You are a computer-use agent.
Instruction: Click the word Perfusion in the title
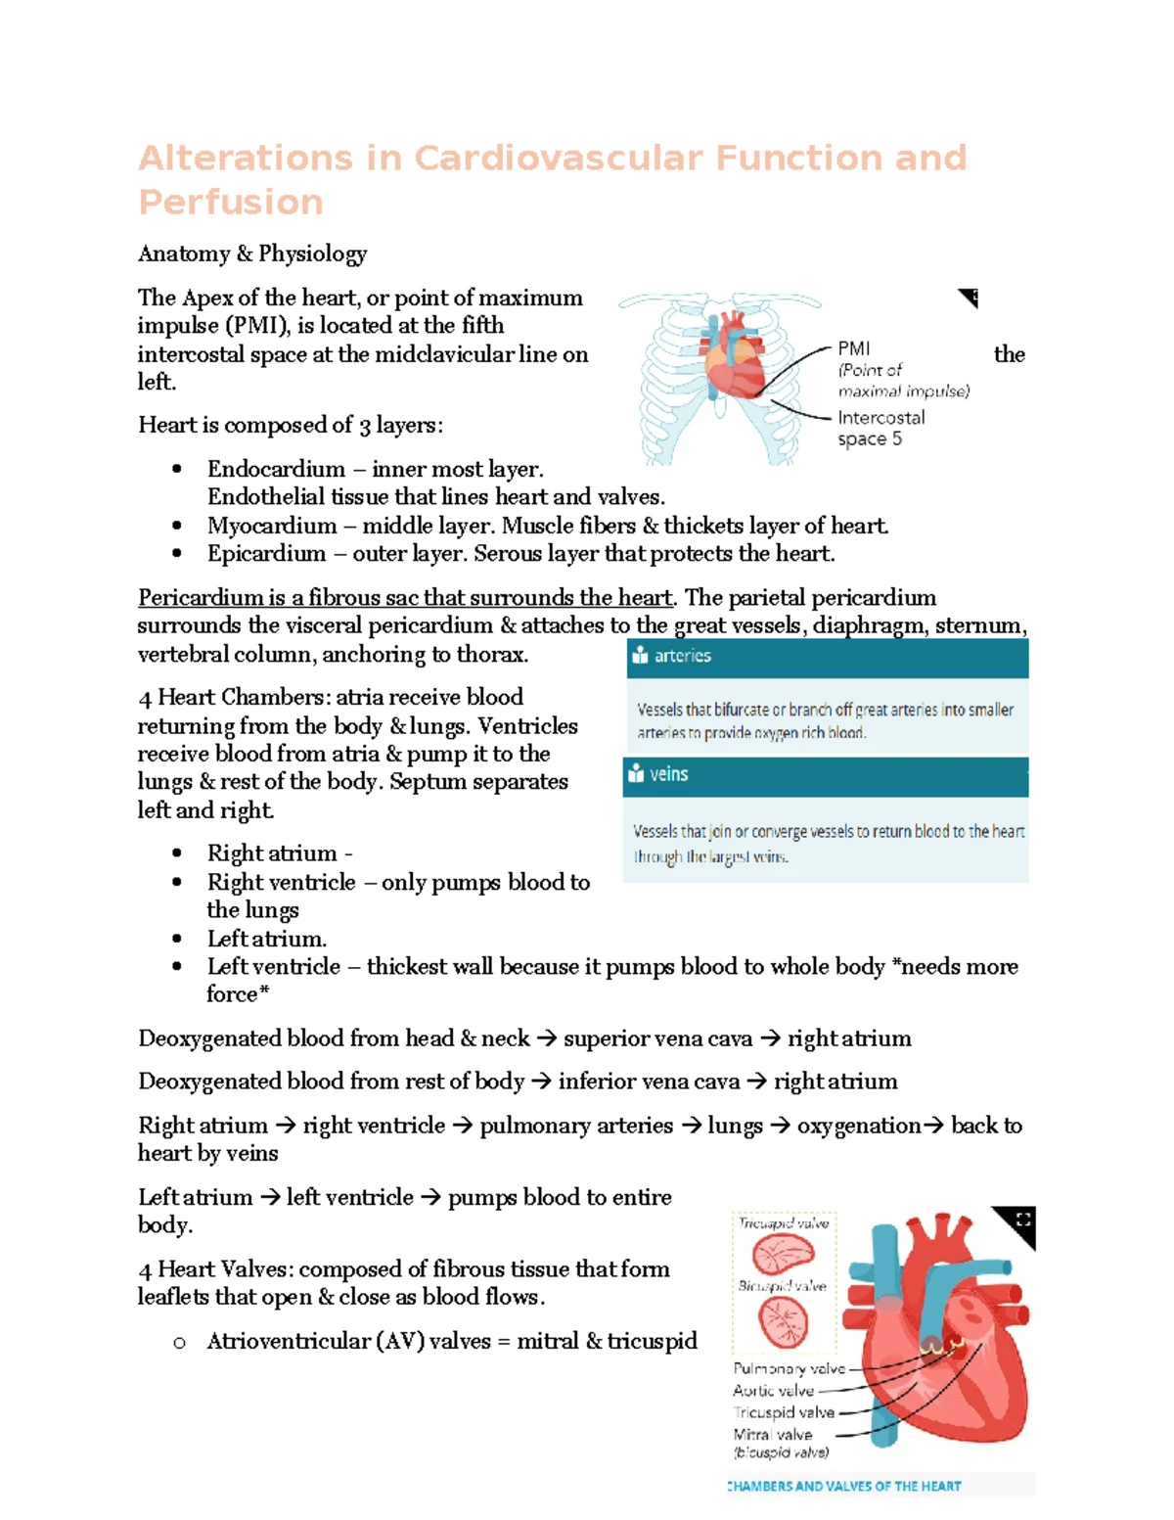(231, 202)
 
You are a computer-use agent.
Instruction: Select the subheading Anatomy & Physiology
(252, 253)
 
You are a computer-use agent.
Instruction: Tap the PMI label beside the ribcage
(853, 348)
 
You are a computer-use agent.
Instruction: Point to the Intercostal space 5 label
(880, 428)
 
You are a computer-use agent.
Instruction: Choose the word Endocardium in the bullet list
(276, 469)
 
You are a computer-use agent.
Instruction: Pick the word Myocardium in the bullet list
(272, 526)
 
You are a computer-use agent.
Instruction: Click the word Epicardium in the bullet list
(266, 554)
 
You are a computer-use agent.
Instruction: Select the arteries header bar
(827, 657)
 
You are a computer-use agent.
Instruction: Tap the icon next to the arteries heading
(640, 656)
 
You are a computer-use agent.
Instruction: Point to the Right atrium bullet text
(272, 853)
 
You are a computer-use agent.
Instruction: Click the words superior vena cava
(657, 1038)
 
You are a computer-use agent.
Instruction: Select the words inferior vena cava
(649, 1082)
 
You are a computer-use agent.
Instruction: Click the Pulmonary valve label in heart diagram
(789, 1369)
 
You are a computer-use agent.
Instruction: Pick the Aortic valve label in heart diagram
(773, 1391)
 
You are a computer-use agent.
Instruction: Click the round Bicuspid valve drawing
(784, 1323)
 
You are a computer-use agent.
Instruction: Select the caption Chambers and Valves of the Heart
(845, 1486)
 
